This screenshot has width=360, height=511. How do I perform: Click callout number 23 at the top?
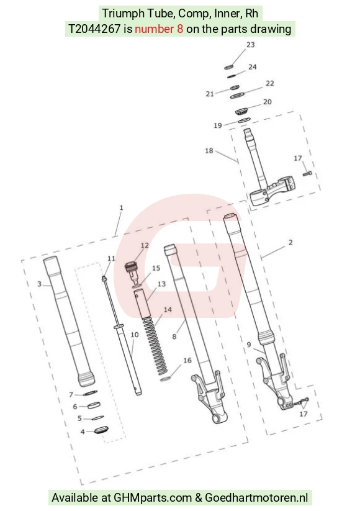(x=250, y=45)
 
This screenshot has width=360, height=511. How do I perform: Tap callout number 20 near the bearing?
(x=267, y=102)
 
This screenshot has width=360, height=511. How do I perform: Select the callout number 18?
(x=209, y=150)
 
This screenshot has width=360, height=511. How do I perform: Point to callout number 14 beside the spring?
(x=168, y=309)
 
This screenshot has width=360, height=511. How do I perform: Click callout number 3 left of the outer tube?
(x=40, y=284)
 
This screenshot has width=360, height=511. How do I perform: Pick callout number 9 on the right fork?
(x=249, y=345)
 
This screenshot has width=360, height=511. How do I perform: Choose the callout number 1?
(x=121, y=207)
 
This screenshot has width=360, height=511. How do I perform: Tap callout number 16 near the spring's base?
(x=187, y=360)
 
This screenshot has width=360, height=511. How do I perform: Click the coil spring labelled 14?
(x=155, y=345)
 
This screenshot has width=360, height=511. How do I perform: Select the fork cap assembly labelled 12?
(x=133, y=271)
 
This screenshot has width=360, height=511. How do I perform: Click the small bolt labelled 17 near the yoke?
(x=307, y=173)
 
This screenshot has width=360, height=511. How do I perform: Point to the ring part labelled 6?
(x=94, y=405)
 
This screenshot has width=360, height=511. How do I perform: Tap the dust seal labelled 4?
(x=101, y=430)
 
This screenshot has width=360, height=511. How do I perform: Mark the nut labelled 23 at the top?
(x=228, y=67)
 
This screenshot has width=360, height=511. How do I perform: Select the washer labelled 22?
(x=237, y=96)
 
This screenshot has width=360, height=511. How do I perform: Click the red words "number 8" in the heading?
(x=159, y=29)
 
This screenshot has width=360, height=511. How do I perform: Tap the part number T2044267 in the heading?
(x=94, y=29)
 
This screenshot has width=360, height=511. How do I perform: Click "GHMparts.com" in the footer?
(x=153, y=497)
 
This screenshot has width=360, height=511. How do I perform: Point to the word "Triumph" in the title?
(x=123, y=14)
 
